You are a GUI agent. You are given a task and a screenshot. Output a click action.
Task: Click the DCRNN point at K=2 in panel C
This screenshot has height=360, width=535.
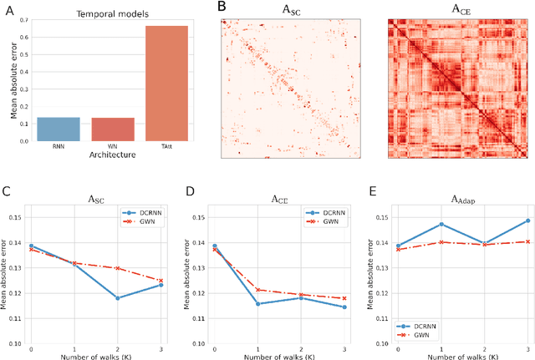pos(117,298)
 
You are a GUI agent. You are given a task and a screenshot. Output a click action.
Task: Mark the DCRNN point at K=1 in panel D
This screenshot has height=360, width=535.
pos(258,303)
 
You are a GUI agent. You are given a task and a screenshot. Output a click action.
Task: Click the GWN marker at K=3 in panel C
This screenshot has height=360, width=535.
pos(160,281)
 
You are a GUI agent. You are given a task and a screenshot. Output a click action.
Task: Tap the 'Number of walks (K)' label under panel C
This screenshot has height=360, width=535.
pos(96,357)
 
